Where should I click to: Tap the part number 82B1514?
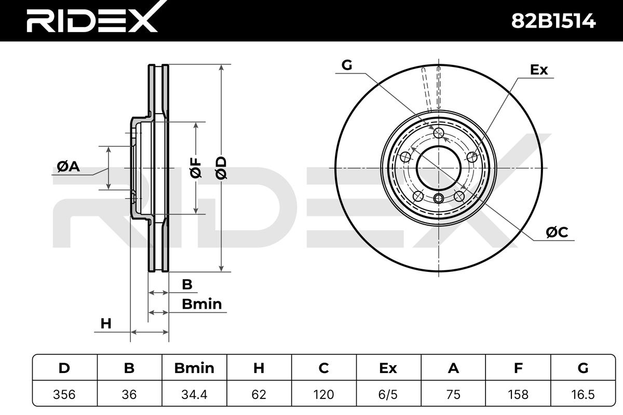(x=553, y=21)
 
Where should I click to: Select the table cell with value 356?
(x=64, y=394)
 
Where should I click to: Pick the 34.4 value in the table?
(x=194, y=394)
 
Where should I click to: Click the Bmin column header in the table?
(x=194, y=368)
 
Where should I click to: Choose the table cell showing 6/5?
(x=388, y=394)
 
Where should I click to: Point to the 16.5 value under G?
(x=583, y=394)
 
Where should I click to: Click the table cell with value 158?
(x=518, y=394)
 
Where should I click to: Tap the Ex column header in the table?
(x=388, y=368)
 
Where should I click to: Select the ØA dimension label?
(x=69, y=167)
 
